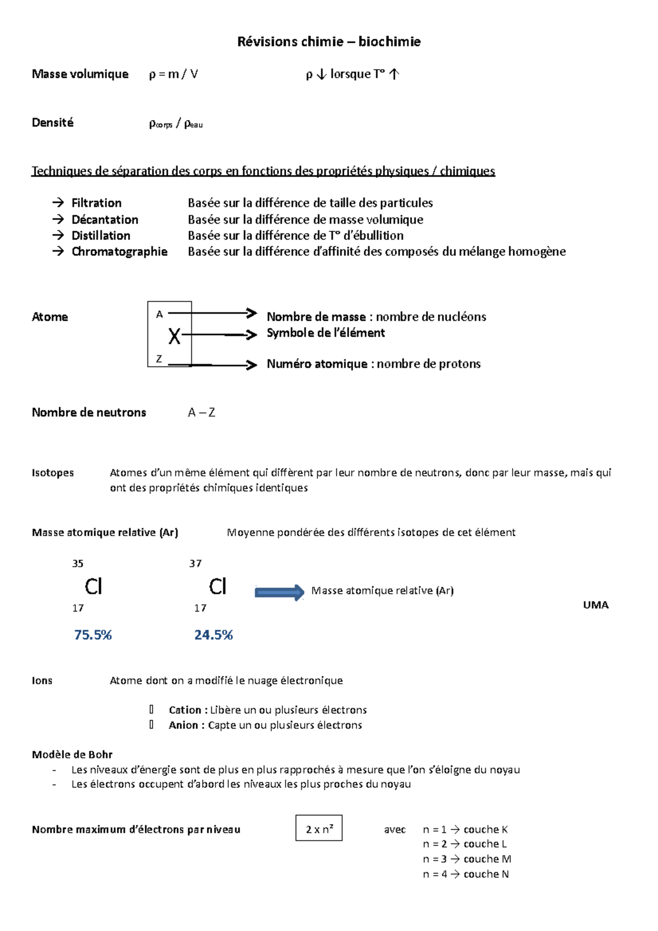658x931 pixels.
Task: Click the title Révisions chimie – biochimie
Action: coord(328,42)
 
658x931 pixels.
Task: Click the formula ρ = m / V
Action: coord(173,74)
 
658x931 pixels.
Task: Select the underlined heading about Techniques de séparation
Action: coord(263,171)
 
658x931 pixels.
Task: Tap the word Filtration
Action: coord(97,203)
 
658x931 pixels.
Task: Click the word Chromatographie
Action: coord(120,252)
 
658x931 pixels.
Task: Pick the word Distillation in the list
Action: coord(101,236)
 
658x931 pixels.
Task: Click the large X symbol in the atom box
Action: coord(174,336)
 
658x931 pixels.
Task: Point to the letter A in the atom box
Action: coord(160,315)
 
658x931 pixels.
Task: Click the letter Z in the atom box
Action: coord(159,359)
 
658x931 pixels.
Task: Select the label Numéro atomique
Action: coord(317,364)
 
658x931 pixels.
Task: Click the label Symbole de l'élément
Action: coord(326,333)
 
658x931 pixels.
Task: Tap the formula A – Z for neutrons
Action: coord(201,412)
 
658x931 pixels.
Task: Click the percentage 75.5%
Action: coord(93,635)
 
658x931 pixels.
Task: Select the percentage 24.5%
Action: coord(213,635)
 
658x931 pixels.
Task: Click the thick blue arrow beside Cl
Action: coord(279,592)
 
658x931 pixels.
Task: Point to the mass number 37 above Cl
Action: coord(195,564)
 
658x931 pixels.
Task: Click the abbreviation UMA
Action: coord(595,605)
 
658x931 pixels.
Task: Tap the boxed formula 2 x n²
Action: coord(319,828)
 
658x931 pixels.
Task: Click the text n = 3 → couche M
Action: coord(467,859)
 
